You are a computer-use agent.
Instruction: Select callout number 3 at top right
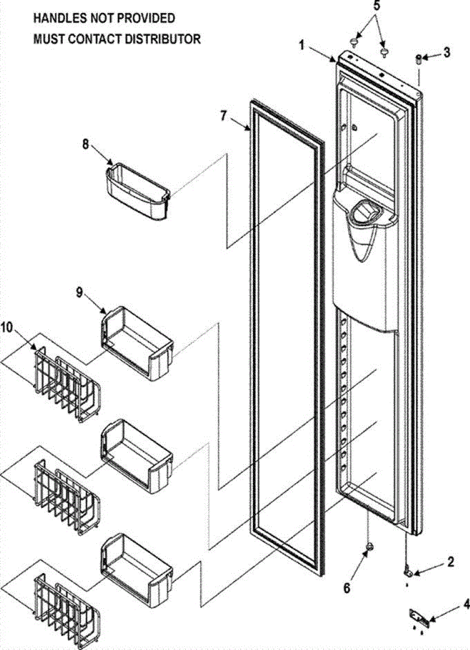pos(446,53)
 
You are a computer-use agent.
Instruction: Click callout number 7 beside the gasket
pos(224,116)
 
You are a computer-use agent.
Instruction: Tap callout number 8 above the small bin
pos(85,145)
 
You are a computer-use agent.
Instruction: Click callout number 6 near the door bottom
pos(347,587)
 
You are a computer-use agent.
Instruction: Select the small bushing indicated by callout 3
pos(418,59)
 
